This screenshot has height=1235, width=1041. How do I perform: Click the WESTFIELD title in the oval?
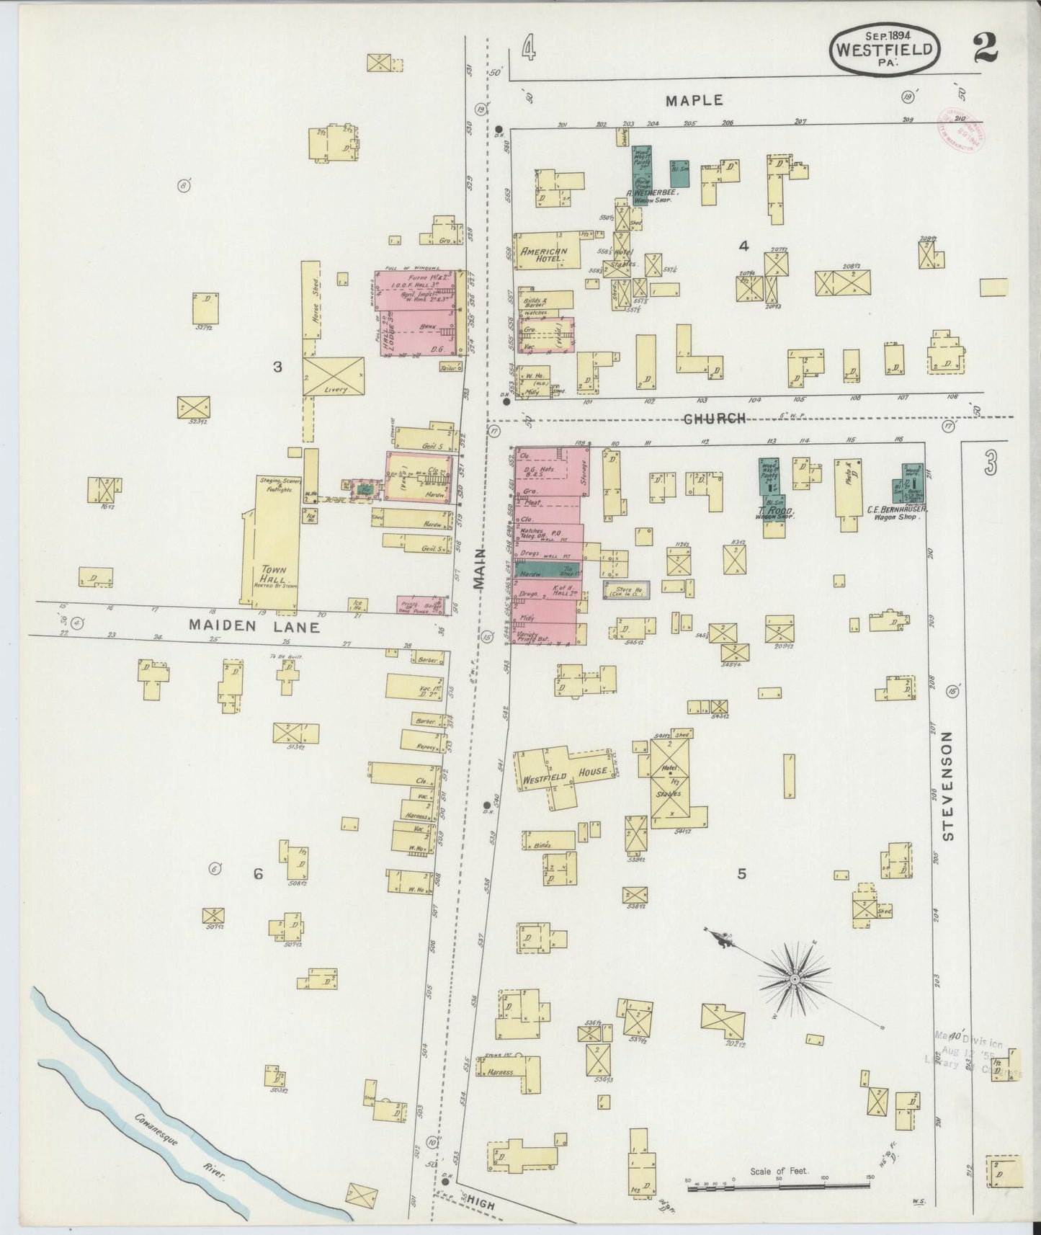pyautogui.click(x=886, y=50)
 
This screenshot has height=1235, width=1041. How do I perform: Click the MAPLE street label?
pyautogui.click(x=694, y=100)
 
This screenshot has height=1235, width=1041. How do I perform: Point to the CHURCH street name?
pyautogui.click(x=714, y=419)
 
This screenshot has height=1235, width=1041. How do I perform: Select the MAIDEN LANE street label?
pyautogui.click(x=254, y=627)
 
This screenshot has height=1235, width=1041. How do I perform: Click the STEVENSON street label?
pyautogui.click(x=947, y=785)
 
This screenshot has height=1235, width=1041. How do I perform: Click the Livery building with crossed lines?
pyautogui.click(x=333, y=375)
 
